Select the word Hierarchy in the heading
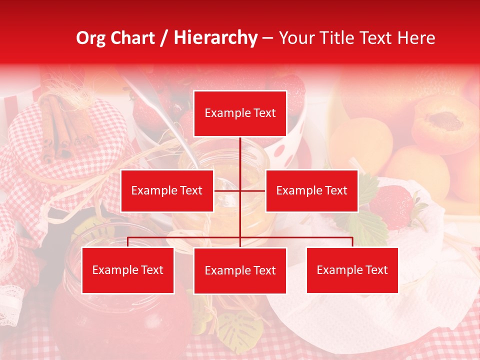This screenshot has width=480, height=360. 215,38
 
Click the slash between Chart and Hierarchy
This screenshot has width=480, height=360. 164,38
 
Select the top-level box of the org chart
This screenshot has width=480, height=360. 240,113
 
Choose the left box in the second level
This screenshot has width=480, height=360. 167,190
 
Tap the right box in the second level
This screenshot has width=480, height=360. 311,190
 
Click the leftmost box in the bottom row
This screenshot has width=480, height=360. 128,270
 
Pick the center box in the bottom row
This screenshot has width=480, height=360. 240,270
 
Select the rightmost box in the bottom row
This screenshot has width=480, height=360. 352,270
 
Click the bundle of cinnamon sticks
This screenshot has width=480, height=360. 60,125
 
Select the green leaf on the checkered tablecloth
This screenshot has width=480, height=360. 240,330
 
